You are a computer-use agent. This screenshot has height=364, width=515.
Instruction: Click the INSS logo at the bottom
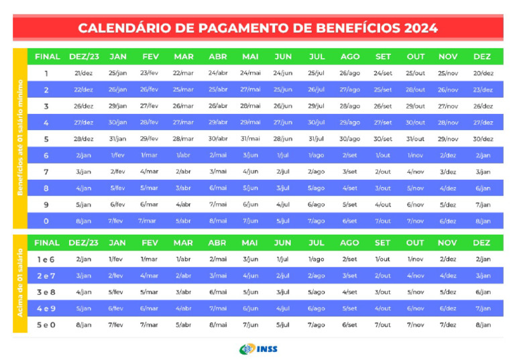(x=258, y=349)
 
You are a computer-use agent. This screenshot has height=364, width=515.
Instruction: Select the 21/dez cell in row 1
(x=83, y=73)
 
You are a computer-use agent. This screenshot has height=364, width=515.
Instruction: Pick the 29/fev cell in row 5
(x=149, y=139)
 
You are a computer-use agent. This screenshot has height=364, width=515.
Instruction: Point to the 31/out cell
(x=415, y=139)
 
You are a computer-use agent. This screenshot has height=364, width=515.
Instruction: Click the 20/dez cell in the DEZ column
(x=483, y=73)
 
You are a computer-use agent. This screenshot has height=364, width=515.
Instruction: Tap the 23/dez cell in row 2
(x=483, y=90)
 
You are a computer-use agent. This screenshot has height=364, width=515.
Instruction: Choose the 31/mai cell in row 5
(x=250, y=139)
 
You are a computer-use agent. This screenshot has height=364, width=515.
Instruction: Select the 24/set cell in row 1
(x=383, y=73)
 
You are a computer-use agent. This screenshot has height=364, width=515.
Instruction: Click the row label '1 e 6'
(x=46, y=259)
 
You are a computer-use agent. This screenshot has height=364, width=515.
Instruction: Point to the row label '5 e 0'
(x=46, y=325)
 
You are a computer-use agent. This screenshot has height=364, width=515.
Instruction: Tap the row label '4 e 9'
(x=46, y=308)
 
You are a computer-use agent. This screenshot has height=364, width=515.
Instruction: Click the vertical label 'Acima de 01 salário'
(x=19, y=284)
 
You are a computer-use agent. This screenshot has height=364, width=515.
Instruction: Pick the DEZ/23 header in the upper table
(x=83, y=56)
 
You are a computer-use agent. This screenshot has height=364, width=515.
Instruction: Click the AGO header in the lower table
(x=349, y=243)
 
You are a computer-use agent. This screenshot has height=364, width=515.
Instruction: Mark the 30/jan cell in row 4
(x=117, y=123)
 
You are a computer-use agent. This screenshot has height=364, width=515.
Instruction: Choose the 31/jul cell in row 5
(x=316, y=139)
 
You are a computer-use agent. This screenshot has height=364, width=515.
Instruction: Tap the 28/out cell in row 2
(x=415, y=90)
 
